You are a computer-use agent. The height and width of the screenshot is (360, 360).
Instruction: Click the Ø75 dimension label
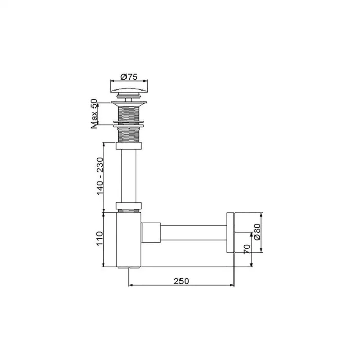[129, 77]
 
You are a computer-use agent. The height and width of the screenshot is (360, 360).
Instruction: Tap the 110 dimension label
[100, 239]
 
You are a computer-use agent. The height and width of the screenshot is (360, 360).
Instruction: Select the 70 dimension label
[247, 249]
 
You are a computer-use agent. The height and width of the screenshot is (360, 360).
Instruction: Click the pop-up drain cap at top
[129, 88]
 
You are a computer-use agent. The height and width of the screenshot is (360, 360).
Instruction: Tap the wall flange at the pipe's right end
[230, 232]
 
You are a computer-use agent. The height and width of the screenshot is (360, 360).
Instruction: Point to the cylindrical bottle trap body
[129, 239]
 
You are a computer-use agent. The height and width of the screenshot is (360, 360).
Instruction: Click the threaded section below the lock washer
[129, 134]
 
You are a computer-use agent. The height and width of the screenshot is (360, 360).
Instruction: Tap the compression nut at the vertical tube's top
[129, 146]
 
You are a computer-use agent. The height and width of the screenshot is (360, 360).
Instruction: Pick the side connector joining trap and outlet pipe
[151, 232]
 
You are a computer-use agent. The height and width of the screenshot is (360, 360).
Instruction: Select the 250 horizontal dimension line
[181, 285]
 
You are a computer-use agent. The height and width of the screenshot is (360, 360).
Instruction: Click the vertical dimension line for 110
[105, 239]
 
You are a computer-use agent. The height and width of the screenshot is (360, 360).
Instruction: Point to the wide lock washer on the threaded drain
[129, 123]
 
